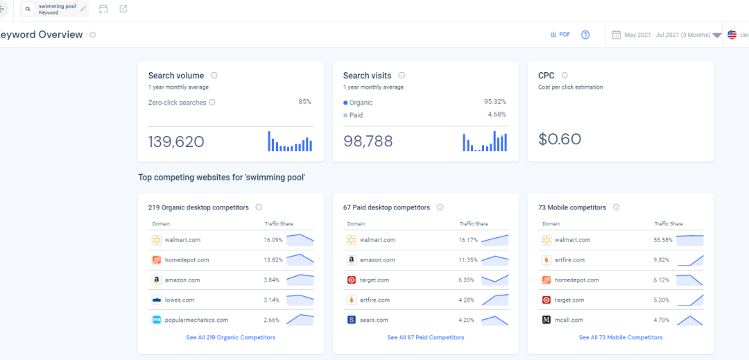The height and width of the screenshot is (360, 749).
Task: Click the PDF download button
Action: click(x=560, y=35)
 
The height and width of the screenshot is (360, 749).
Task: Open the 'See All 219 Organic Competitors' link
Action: click(x=230, y=338)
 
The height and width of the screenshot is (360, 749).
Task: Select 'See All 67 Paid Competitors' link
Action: click(x=425, y=338)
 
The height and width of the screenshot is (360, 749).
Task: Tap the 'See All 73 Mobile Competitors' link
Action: click(x=620, y=338)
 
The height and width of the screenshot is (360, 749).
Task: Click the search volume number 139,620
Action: click(x=176, y=142)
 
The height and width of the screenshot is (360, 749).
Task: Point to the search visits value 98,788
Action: click(x=368, y=142)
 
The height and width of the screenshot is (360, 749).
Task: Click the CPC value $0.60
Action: click(x=559, y=139)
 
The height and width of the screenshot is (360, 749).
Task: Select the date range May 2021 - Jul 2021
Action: click(x=666, y=35)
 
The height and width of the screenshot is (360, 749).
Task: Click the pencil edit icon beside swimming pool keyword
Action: click(x=84, y=9)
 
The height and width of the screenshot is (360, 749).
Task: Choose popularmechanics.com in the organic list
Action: click(x=196, y=320)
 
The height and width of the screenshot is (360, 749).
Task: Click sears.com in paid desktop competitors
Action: click(x=374, y=320)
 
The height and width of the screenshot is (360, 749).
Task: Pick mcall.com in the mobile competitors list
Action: click(x=568, y=320)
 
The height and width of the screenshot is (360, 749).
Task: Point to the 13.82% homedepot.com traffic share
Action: click(x=273, y=260)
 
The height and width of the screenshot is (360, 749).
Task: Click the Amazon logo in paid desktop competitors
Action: click(x=352, y=260)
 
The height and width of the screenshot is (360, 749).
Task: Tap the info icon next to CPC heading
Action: click(x=565, y=76)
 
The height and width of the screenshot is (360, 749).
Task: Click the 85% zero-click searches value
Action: click(x=304, y=102)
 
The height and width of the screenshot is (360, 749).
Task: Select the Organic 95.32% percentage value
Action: click(x=495, y=102)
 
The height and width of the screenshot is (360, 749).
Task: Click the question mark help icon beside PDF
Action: click(x=585, y=35)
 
